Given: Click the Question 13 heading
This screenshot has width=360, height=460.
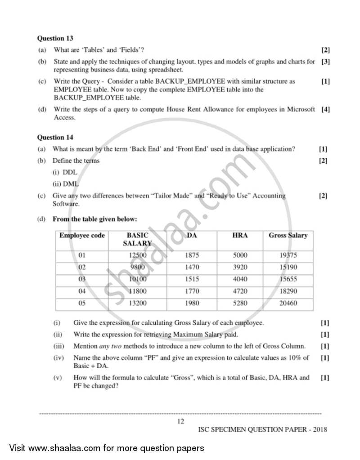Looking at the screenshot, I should pyautogui.click(x=55, y=39).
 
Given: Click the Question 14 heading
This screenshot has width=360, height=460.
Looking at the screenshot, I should pyautogui.click(x=55, y=138).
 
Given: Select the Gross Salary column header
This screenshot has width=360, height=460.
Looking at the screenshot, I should pyautogui.click(x=288, y=235).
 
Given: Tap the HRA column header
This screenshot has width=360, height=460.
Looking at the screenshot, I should pyautogui.click(x=240, y=235).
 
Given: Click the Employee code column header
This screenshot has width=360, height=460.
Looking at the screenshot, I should pyautogui.click(x=82, y=235).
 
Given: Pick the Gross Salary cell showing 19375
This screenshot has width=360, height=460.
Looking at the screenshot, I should pyautogui.click(x=288, y=255).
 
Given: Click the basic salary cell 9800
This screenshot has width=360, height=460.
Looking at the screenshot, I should pyautogui.click(x=138, y=267).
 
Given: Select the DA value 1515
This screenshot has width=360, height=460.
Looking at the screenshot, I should pyautogui.click(x=192, y=279).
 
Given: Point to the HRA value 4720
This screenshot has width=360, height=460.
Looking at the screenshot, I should pyautogui.click(x=240, y=291).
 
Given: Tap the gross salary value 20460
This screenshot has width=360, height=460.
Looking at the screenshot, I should pyautogui.click(x=288, y=304).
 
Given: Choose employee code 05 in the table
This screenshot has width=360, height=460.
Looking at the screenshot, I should pyautogui.click(x=82, y=304).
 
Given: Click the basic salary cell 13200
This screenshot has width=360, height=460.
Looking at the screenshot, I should pyautogui.click(x=138, y=304).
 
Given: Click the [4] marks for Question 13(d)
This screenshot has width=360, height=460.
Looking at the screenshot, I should pyautogui.click(x=325, y=109).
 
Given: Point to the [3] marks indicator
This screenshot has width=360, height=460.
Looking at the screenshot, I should pyautogui.click(x=325, y=62).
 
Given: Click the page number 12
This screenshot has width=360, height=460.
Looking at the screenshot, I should pyautogui.click(x=180, y=421).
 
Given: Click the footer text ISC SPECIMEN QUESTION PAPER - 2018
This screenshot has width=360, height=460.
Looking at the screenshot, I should pyautogui.click(x=263, y=429).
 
